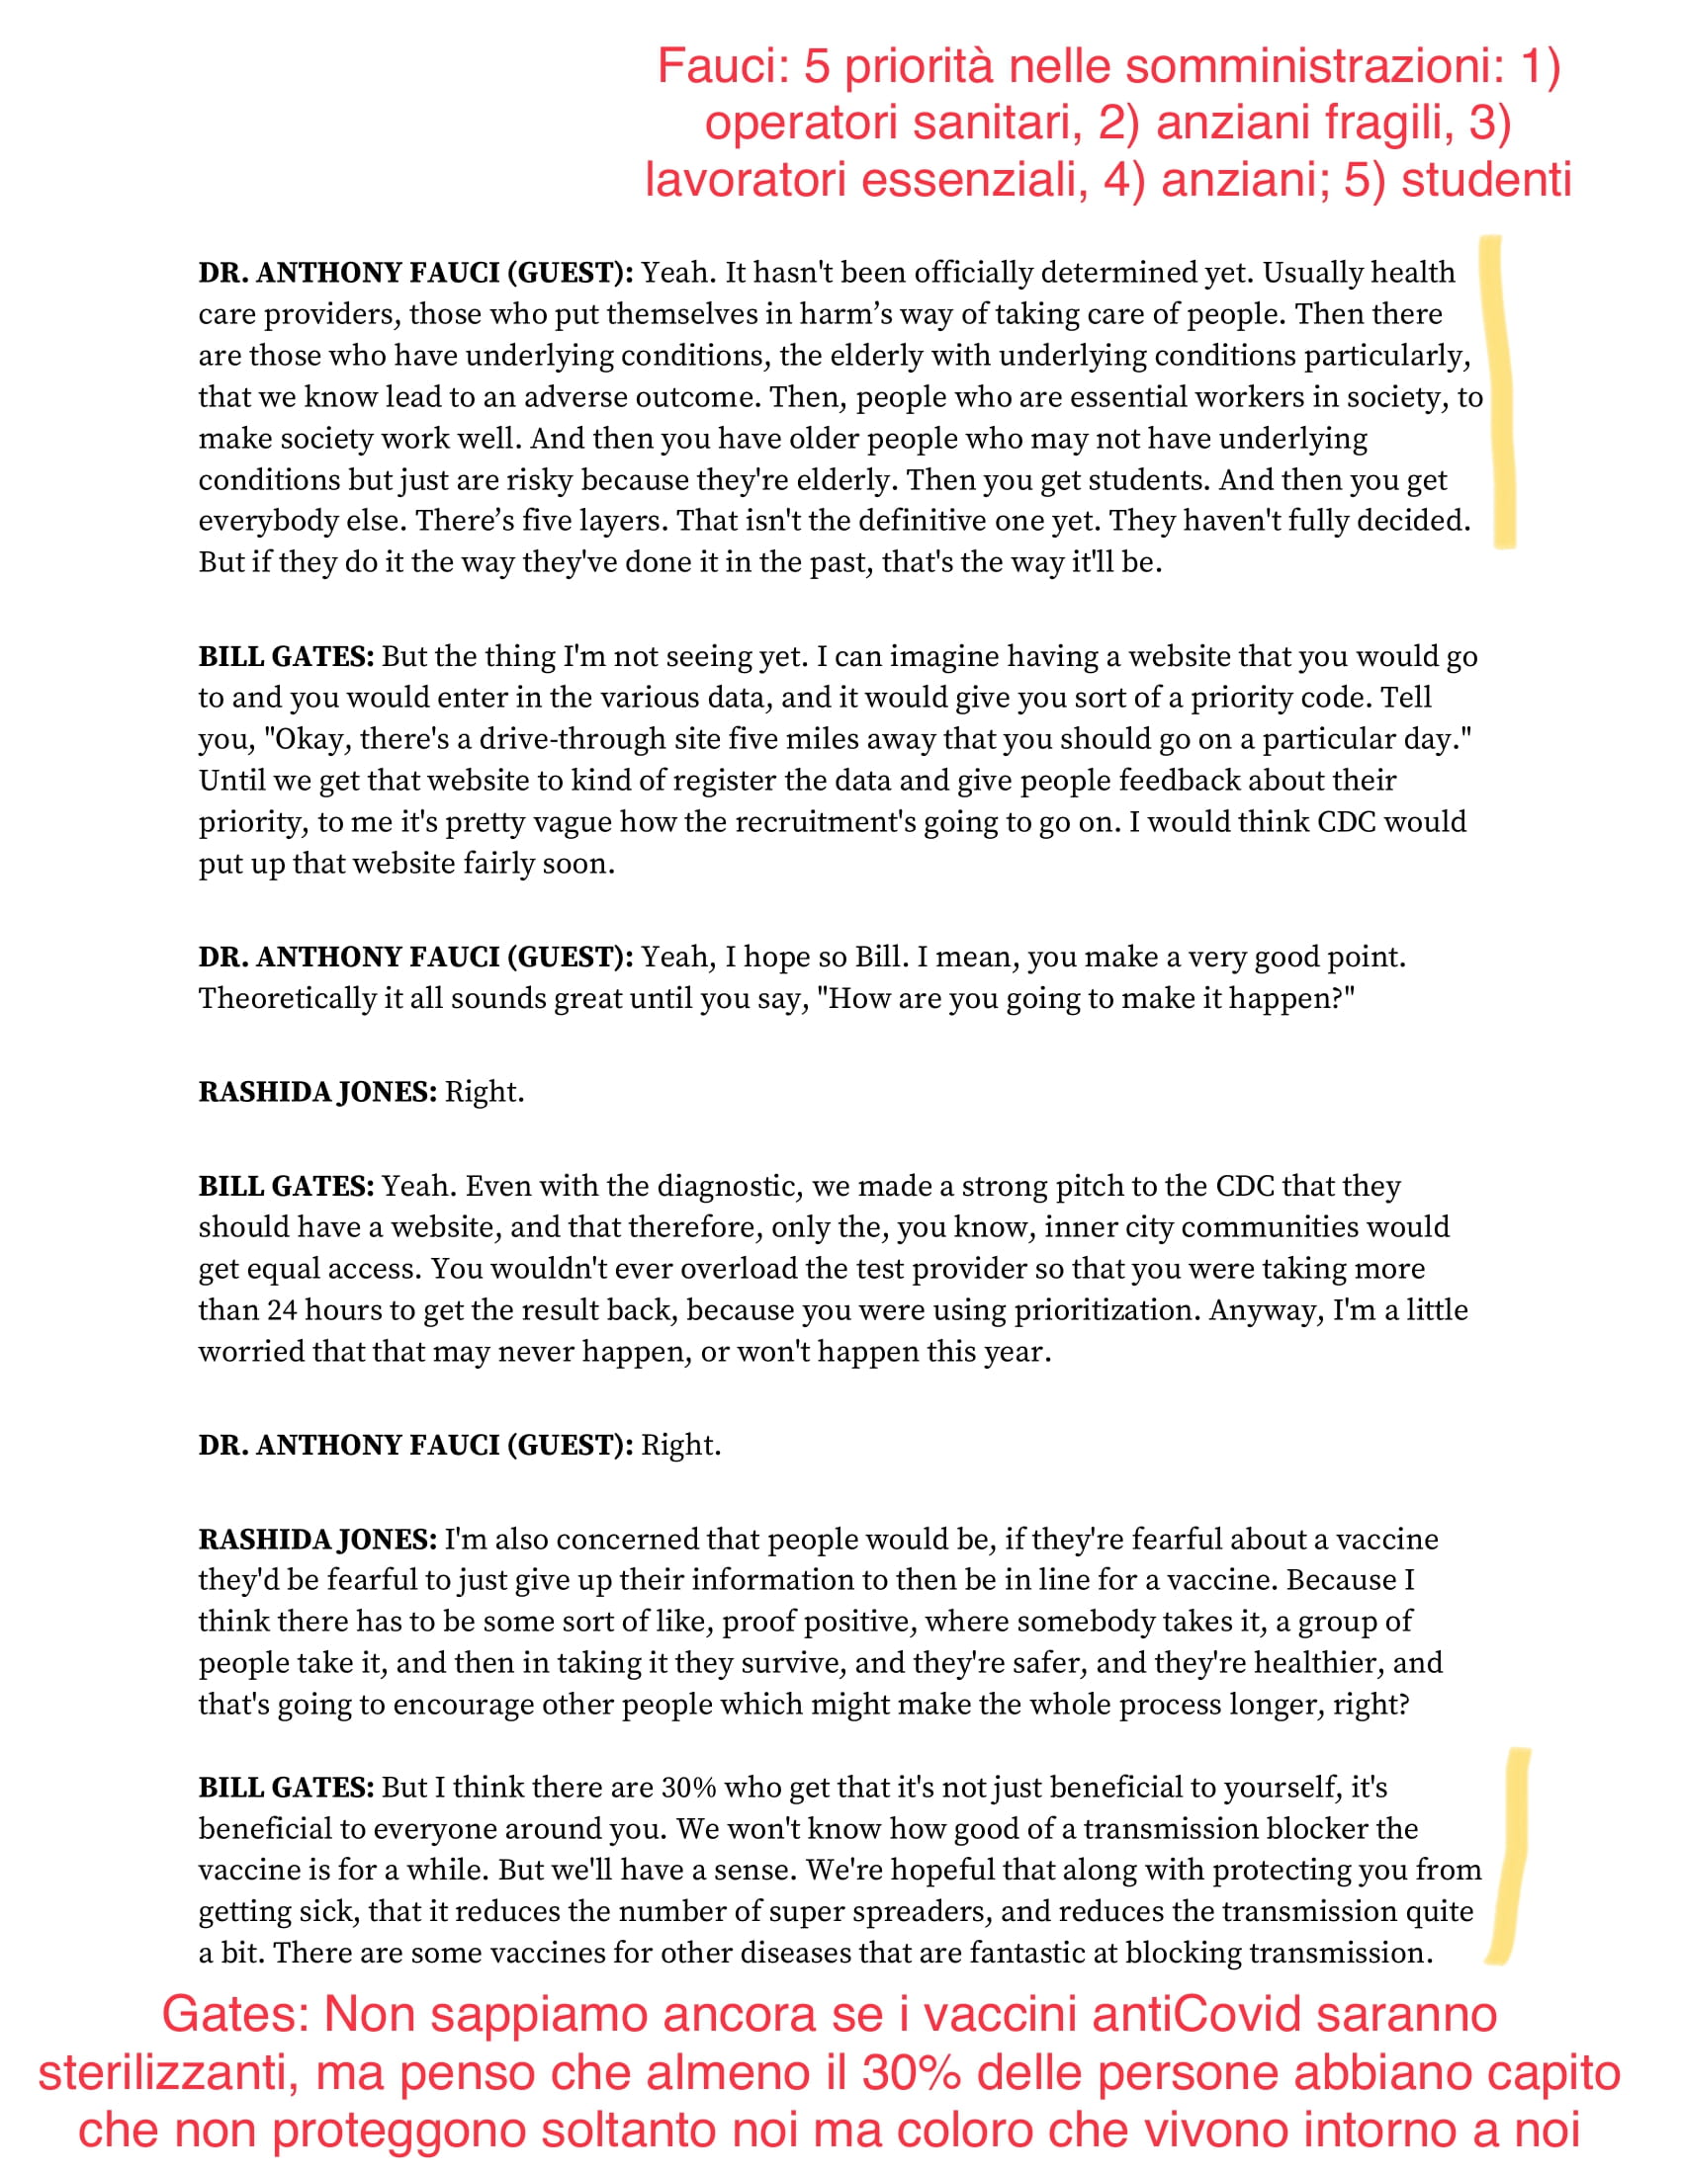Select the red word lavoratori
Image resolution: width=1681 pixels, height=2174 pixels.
click(x=746, y=180)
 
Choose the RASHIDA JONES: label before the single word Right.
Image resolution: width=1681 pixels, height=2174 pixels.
click(x=317, y=1092)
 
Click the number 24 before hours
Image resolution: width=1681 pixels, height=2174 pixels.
click(x=282, y=1310)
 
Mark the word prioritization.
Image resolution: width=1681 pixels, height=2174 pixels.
click(x=1106, y=1310)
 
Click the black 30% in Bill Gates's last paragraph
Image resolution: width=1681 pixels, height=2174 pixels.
click(x=688, y=1788)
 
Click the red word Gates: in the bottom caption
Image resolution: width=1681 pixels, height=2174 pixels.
click(x=235, y=2015)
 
